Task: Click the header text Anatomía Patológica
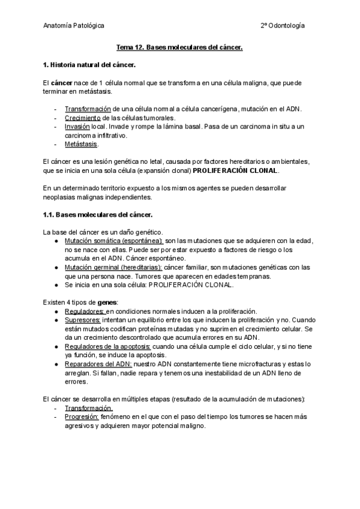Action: point(73,26)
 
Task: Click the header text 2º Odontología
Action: point(282,26)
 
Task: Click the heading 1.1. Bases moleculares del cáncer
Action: point(98,214)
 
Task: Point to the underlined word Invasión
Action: point(77,127)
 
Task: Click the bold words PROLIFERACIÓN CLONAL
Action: point(236,170)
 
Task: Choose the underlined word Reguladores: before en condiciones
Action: point(85,311)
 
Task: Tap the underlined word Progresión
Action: point(82,417)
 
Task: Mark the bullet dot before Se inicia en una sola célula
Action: point(56,285)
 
